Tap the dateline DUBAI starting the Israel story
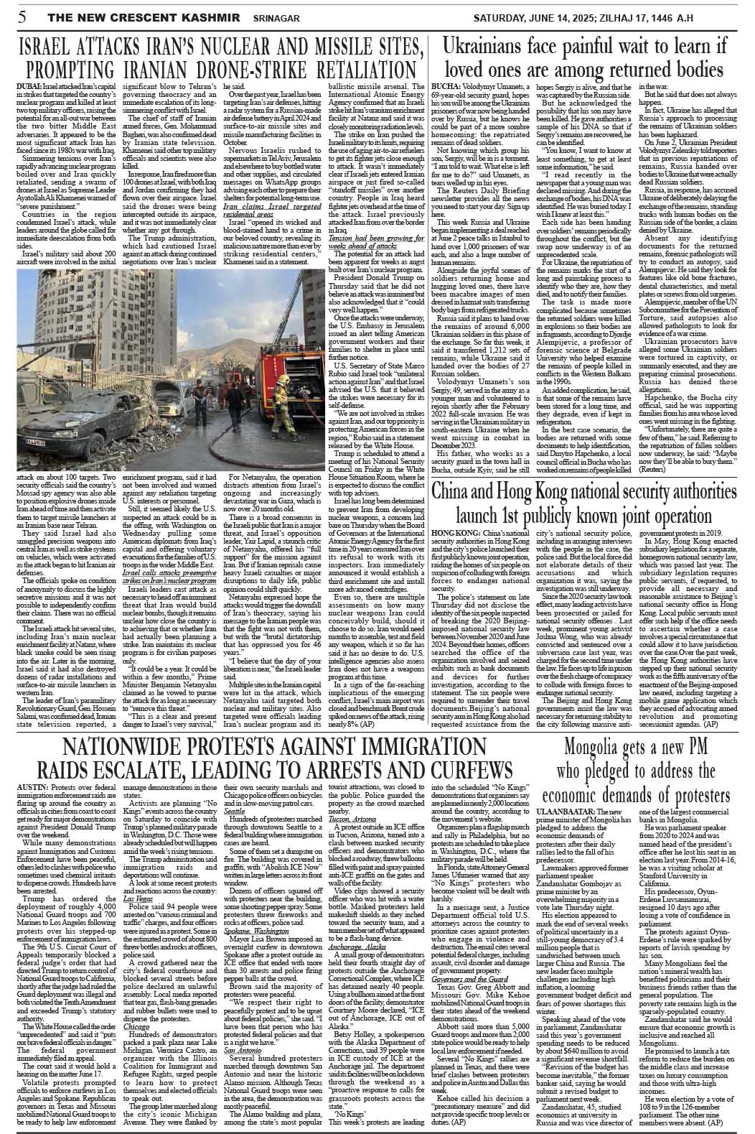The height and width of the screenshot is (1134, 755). pyautogui.click(x=28, y=87)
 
